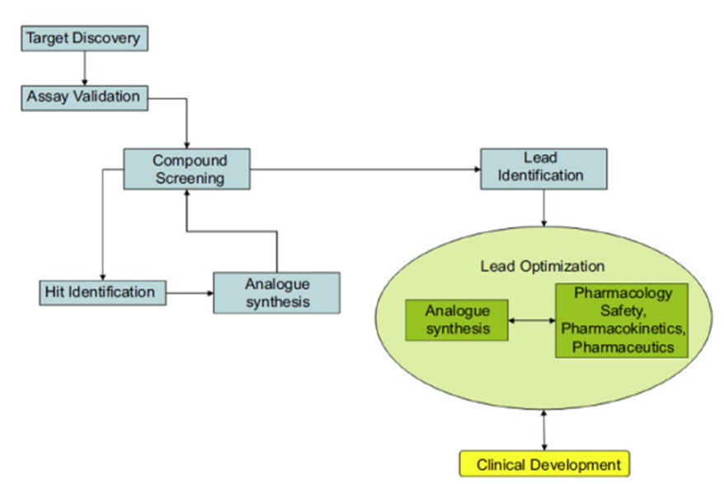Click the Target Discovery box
83,38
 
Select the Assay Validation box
83,97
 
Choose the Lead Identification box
543,167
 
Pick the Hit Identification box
101,292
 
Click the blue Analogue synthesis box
276,292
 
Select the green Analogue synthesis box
457,319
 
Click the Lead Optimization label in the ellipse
542,266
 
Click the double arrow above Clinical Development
543,428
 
